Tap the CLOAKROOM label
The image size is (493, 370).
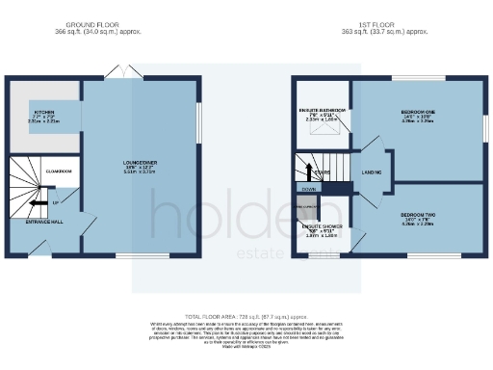tap(61, 171)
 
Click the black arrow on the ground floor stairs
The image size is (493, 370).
tap(36, 203)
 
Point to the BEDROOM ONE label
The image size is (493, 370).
tap(418, 112)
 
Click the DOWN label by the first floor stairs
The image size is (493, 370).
tap(308, 190)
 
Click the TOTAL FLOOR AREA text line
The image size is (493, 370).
tap(246, 316)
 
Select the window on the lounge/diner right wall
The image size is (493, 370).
tap(200, 125)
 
